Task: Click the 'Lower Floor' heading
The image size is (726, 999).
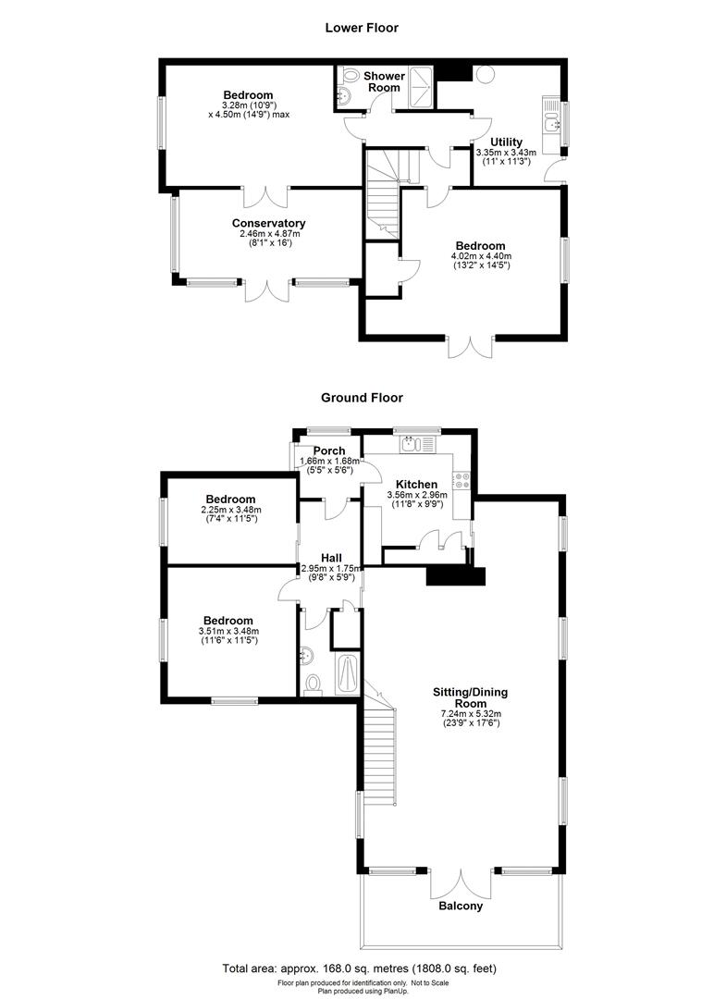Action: (362, 28)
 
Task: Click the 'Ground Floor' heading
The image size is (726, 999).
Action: (362, 398)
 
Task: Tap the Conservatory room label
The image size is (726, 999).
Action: (268, 223)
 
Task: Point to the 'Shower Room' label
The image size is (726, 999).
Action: (382, 81)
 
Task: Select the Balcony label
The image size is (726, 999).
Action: (460, 906)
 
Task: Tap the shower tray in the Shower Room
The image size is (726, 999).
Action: (421, 80)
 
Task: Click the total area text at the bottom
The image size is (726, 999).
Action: (362, 968)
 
